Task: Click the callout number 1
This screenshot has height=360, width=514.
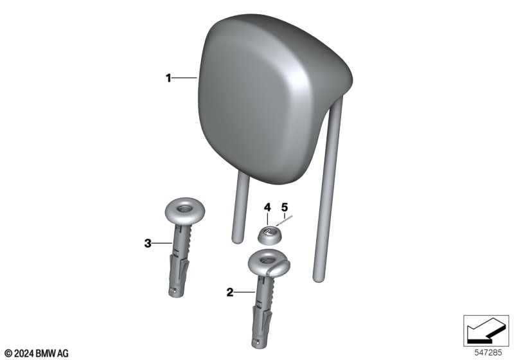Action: coord(168,78)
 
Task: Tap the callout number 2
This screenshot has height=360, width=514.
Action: coord(230,292)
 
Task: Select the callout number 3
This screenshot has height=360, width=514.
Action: coord(148,243)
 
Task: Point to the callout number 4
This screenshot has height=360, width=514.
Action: coord(267,207)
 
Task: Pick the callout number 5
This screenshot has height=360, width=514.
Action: coord(285,207)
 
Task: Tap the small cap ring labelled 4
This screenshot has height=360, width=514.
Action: coord(269,236)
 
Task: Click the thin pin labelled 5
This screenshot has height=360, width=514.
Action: coord(285,221)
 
